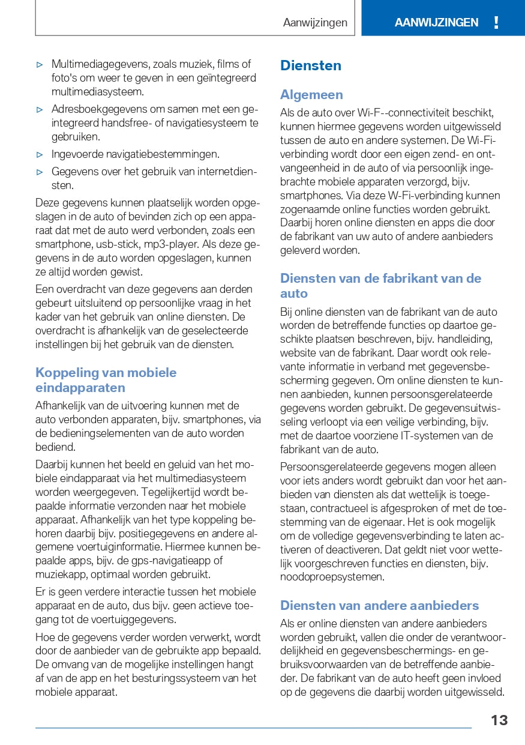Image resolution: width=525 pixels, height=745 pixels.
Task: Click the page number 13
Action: coord(499,720)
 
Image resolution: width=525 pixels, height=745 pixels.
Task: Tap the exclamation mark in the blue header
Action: coord(496,23)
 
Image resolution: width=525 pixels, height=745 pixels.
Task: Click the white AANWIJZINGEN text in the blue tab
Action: coord(436,23)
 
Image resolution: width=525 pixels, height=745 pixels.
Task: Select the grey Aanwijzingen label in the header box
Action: coord(315,23)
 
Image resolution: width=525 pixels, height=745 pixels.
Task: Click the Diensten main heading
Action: coord(310,65)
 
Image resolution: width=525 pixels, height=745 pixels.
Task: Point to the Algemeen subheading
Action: coord(311,95)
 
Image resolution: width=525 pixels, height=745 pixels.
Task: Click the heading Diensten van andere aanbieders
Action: coord(379,605)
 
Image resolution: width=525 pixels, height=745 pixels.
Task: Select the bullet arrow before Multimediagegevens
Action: coord(40,64)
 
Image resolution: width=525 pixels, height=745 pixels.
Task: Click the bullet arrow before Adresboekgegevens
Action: coord(40,110)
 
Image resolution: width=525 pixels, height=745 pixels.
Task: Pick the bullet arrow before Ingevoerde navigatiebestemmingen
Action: coord(40,155)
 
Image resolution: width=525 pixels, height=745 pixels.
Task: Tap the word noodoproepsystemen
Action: coord(332,577)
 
